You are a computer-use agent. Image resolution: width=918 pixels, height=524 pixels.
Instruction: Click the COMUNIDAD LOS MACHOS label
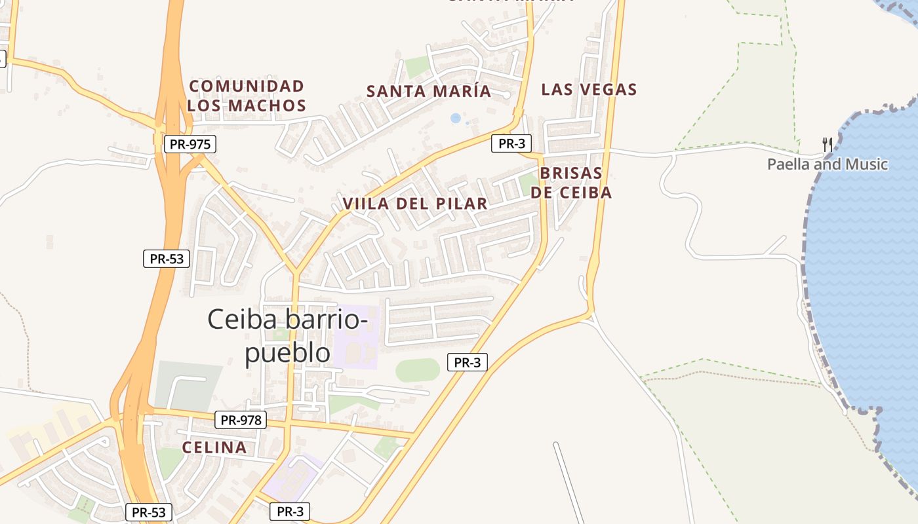[247, 96]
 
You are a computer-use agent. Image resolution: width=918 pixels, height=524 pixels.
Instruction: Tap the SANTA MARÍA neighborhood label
[429, 91]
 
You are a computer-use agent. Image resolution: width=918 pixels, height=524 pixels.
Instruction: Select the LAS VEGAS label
[589, 90]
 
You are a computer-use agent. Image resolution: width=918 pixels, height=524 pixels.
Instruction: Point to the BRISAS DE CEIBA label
[570, 183]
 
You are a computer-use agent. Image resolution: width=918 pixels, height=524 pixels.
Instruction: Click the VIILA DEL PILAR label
[415, 204]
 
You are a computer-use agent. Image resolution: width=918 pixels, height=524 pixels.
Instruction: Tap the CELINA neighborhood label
[214, 448]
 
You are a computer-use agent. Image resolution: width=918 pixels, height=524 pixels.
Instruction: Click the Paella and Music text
[828, 164]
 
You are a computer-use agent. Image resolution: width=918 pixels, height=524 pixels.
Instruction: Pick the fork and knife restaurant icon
[828, 144]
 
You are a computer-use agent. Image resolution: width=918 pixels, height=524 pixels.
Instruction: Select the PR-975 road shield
[190, 144]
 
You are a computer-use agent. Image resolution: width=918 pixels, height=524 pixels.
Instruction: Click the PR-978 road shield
[241, 420]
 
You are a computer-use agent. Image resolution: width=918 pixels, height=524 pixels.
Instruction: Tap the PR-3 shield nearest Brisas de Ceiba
[511, 144]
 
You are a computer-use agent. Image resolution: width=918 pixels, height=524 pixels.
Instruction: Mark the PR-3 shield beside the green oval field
[468, 362]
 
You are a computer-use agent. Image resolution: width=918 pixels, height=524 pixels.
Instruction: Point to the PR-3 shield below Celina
[290, 512]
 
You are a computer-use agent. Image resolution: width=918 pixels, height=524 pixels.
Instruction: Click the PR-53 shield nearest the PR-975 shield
[167, 258]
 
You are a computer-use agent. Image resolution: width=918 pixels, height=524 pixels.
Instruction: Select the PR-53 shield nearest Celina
[150, 512]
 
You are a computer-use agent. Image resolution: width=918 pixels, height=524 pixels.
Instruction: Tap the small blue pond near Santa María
[456, 118]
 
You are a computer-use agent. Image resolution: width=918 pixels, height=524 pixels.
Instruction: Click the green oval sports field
[418, 370]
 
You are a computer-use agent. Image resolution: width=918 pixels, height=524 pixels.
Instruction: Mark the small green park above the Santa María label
[417, 66]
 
